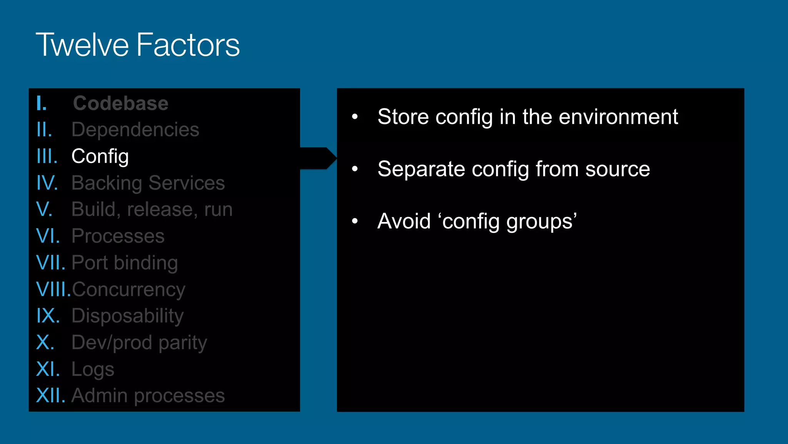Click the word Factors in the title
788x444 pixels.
[x=188, y=45]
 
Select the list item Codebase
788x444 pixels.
[x=121, y=103]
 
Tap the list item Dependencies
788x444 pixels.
[x=135, y=129]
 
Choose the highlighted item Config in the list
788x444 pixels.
[x=100, y=156]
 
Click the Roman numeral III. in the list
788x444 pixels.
[x=47, y=156]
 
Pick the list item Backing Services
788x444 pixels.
[x=148, y=183]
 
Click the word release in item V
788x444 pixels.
[x=160, y=209]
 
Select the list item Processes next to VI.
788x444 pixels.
[x=118, y=236]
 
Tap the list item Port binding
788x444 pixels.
[x=125, y=263]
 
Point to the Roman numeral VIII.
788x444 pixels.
[x=53, y=289]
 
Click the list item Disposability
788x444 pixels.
[x=127, y=316]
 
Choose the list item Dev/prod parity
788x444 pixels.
[x=139, y=343]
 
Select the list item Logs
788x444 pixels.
[x=93, y=369]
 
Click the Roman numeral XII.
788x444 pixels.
[x=50, y=395]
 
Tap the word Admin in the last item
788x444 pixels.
[x=99, y=395]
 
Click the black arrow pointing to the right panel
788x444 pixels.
[x=318, y=158]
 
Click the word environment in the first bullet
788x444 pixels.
[x=618, y=117]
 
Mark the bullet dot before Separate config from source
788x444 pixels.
[x=355, y=169]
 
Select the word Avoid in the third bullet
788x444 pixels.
[x=404, y=221]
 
